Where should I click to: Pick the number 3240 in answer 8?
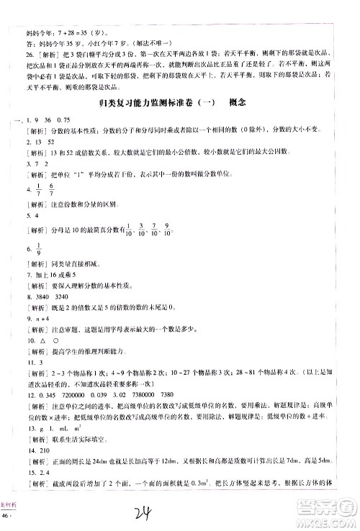(62, 296)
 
